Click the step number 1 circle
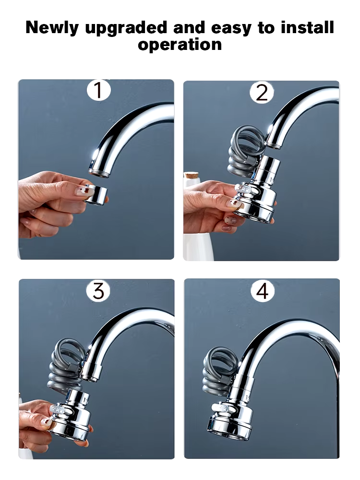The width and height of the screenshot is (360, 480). point(98,91)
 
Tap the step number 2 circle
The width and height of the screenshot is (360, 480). point(262,92)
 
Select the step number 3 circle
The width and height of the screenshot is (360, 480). point(98,291)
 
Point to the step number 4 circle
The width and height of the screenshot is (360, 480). point(262,291)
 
